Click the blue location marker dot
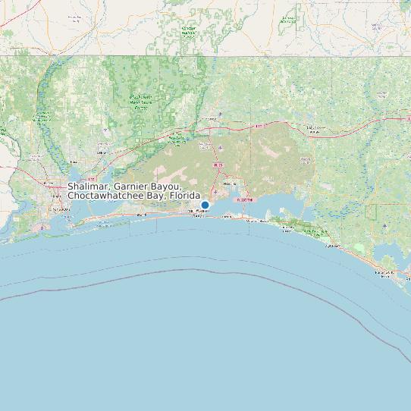(205, 205)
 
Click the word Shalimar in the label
(89, 187)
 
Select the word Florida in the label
(185, 196)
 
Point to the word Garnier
(134, 187)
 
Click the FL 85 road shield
(218, 165)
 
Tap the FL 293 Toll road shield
(243, 199)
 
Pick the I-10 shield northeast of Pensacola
(92, 158)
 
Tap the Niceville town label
(231, 184)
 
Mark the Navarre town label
(141, 215)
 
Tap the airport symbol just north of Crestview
(220, 115)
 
